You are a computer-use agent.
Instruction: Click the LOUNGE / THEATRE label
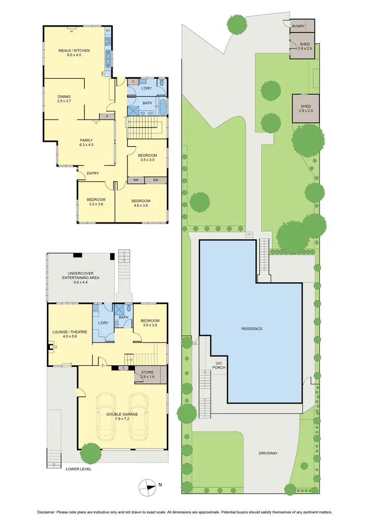(x=70, y=334)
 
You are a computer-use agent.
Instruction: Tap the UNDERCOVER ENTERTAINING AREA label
(x=80, y=275)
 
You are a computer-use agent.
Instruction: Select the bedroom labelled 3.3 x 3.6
(x=96, y=202)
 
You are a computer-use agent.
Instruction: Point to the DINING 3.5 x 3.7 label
(x=64, y=98)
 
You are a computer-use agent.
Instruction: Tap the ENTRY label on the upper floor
(x=92, y=173)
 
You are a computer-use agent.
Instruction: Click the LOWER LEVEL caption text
(x=79, y=469)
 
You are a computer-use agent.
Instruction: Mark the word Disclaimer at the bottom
(x=46, y=511)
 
